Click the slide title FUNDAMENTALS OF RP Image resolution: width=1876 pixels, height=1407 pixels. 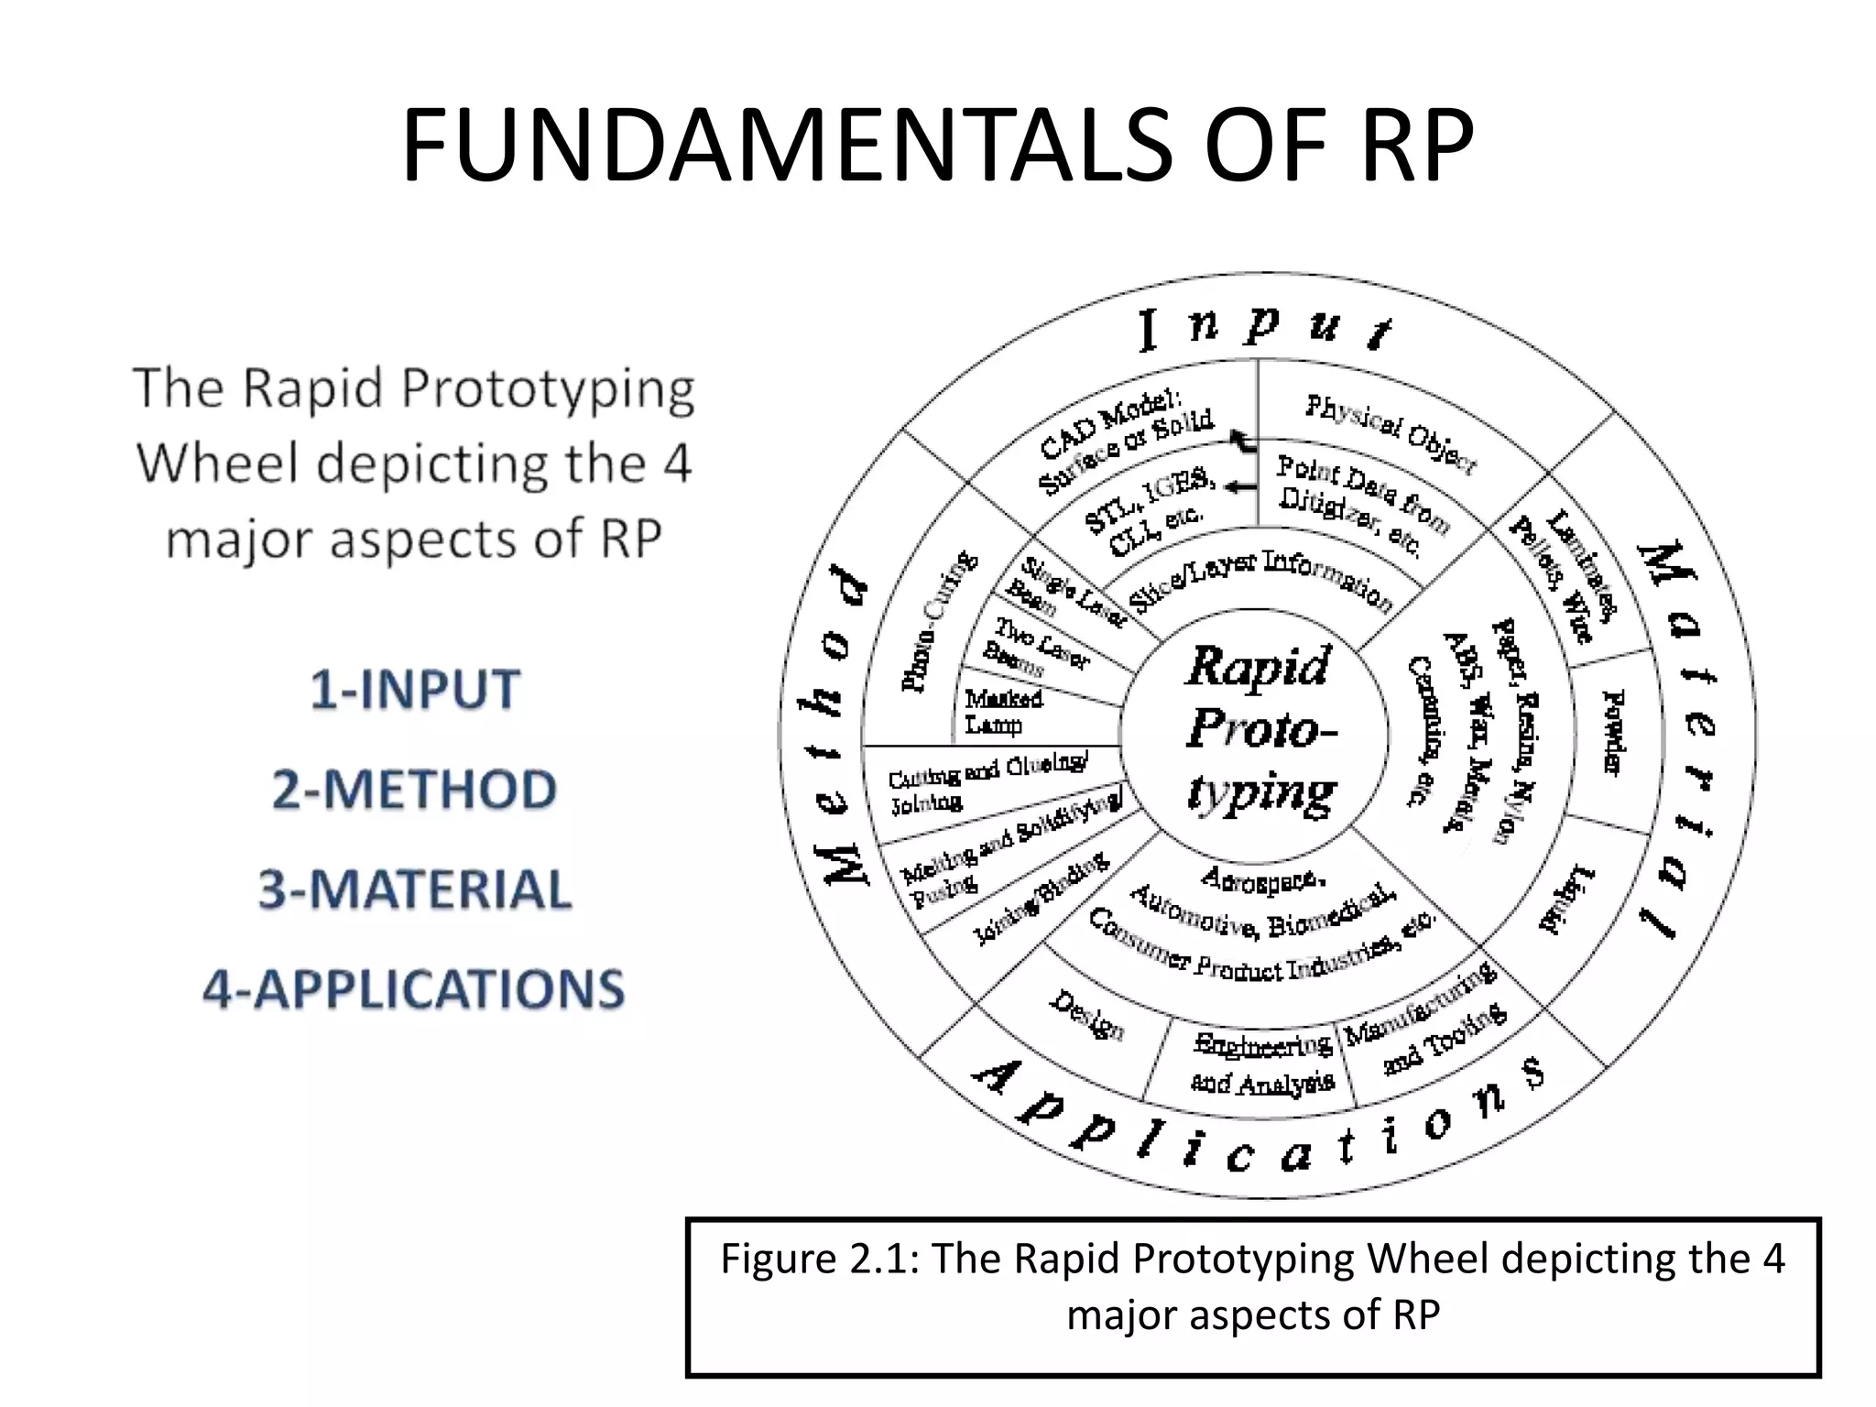(x=937, y=146)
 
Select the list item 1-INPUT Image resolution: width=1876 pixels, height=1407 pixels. (x=415, y=689)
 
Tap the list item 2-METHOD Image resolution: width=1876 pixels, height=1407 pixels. (x=415, y=789)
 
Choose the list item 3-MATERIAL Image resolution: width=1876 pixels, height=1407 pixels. (x=415, y=889)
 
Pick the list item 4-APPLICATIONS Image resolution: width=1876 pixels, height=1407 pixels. (x=414, y=989)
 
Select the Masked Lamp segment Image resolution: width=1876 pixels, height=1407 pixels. (x=1003, y=712)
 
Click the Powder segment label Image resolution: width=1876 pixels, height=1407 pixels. (x=1614, y=733)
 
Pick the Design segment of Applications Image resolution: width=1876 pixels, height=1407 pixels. (x=1086, y=1015)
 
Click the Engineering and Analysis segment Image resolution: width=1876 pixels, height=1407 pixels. (x=1262, y=1063)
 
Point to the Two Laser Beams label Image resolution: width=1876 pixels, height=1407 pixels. (x=1035, y=645)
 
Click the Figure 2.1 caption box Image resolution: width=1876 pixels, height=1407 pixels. (x=1252, y=1296)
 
